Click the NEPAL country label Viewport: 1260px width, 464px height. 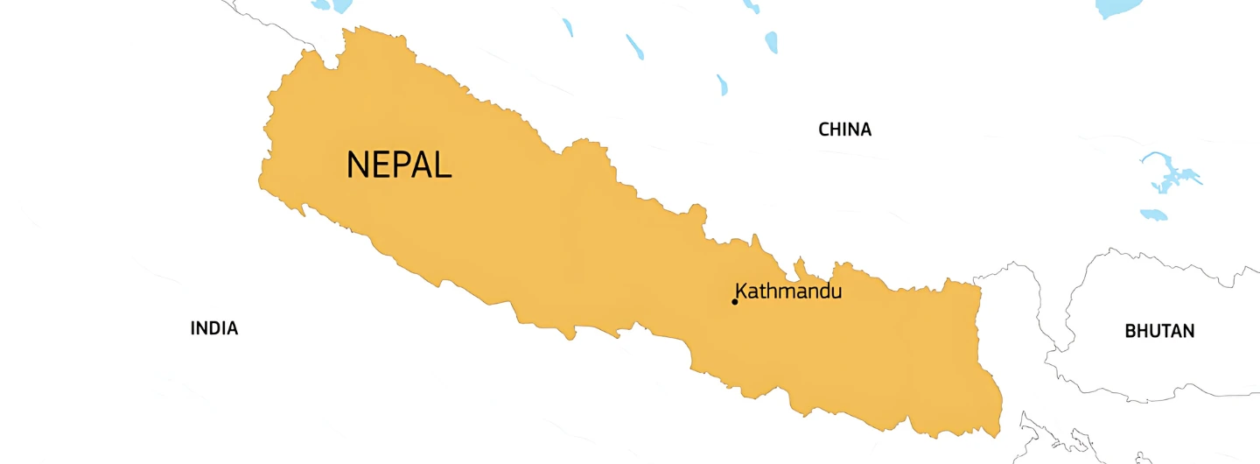click(399, 165)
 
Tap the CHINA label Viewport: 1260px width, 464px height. click(844, 130)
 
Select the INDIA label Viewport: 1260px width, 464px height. click(213, 328)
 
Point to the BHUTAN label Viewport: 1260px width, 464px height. click(1159, 331)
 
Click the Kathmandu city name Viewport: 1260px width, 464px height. click(788, 291)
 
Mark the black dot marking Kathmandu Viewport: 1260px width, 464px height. click(734, 302)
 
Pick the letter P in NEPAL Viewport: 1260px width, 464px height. click(401, 165)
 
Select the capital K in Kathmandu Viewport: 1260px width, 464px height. click(741, 291)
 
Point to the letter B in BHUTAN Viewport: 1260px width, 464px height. click(1130, 331)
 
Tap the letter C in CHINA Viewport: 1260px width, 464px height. click(824, 130)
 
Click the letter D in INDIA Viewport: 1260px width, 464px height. click(215, 328)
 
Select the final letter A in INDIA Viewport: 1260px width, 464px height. click(232, 328)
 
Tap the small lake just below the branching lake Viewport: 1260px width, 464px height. click(1153, 214)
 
